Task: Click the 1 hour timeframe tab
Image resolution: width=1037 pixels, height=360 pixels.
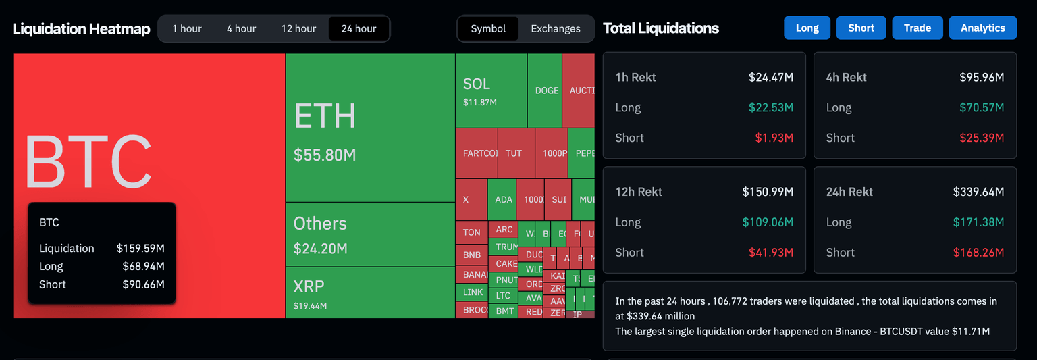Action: click(x=187, y=28)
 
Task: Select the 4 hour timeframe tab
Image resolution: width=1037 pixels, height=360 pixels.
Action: click(x=241, y=28)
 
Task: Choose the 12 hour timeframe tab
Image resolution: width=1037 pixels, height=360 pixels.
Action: click(x=298, y=28)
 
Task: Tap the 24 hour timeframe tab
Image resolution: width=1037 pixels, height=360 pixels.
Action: click(x=358, y=28)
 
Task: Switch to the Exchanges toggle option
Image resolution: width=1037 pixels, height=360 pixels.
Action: click(x=555, y=28)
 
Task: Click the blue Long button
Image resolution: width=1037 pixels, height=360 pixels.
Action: click(x=807, y=28)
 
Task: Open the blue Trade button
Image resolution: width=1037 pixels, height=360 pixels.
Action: click(x=918, y=28)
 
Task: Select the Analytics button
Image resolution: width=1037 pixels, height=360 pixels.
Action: click(x=982, y=28)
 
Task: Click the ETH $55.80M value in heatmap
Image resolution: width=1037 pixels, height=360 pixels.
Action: click(x=325, y=155)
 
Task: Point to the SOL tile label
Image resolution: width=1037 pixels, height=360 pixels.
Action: click(x=477, y=84)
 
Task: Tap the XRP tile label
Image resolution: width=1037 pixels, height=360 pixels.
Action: click(x=309, y=286)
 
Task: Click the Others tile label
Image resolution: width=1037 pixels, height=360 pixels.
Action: click(x=320, y=224)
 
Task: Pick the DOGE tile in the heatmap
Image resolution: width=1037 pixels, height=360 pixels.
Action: click(x=546, y=91)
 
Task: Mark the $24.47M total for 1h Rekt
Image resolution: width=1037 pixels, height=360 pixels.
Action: click(x=770, y=77)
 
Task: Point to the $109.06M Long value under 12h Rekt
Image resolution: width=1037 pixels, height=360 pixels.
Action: click(x=768, y=222)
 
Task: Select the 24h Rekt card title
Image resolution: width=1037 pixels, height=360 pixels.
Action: click(x=849, y=192)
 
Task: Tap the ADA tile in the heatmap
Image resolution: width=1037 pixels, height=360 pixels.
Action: click(x=503, y=200)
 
